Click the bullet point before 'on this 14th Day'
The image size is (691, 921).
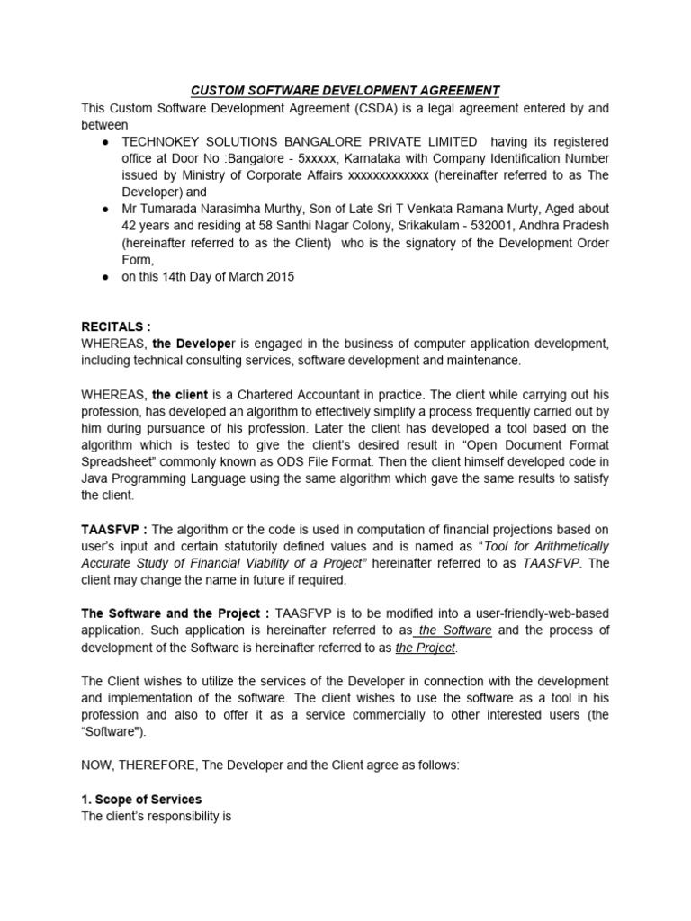click(106, 277)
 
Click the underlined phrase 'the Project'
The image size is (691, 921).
click(426, 648)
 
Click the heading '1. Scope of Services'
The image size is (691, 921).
click(141, 800)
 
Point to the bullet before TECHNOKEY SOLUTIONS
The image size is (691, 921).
click(106, 142)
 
